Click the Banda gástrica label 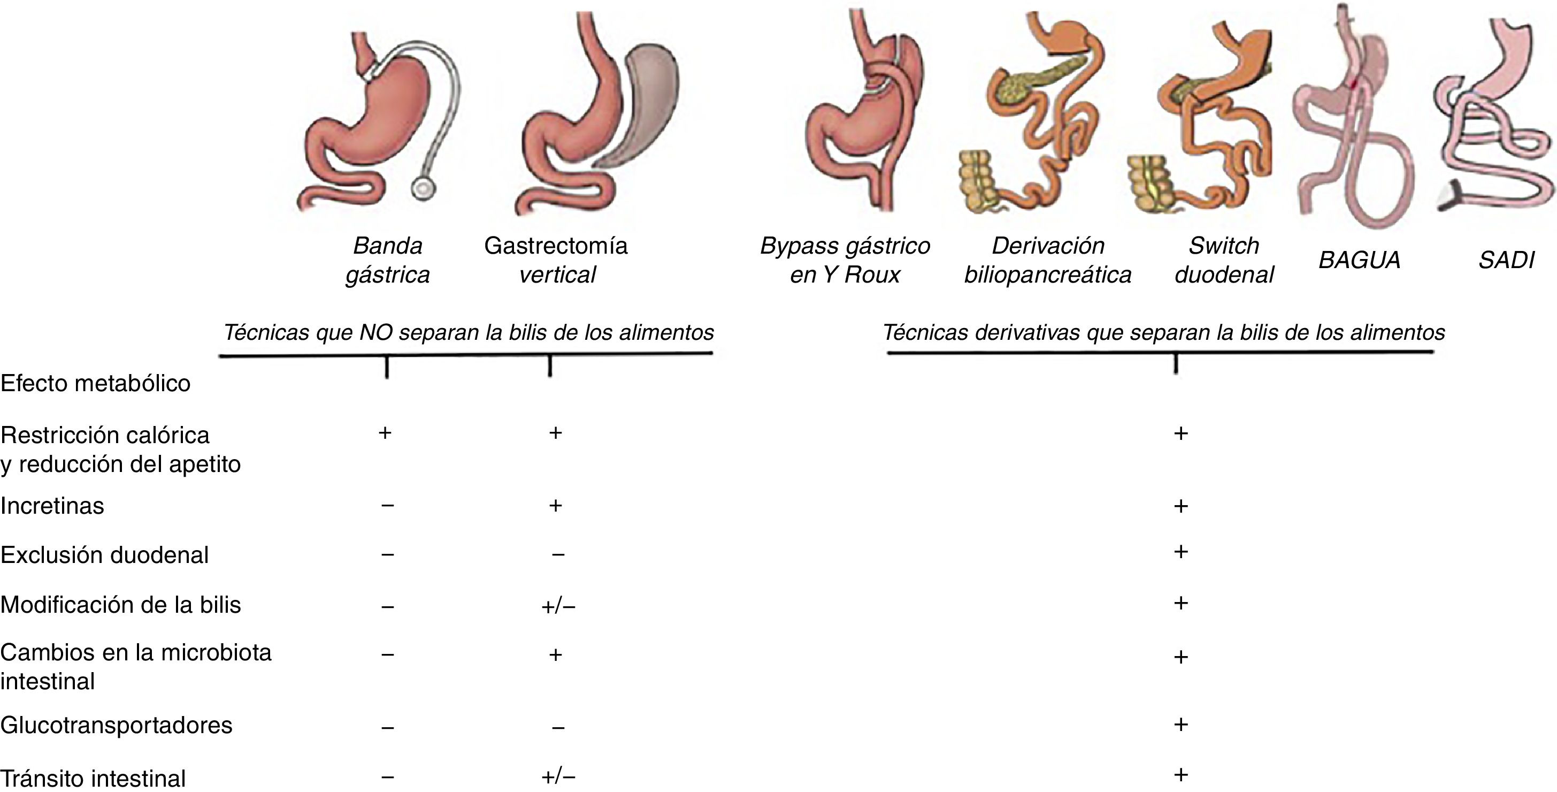[x=387, y=260]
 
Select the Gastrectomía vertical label [x=556, y=260]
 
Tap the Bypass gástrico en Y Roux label [x=845, y=260]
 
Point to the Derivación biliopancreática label [x=1047, y=260]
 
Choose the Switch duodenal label [x=1223, y=260]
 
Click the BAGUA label [x=1359, y=260]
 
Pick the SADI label [x=1506, y=260]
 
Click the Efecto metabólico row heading [x=96, y=383]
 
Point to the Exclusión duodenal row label [x=104, y=555]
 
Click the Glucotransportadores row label [x=116, y=725]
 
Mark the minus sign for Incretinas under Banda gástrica [x=388, y=505]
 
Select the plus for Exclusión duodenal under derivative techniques [x=1180, y=552]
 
